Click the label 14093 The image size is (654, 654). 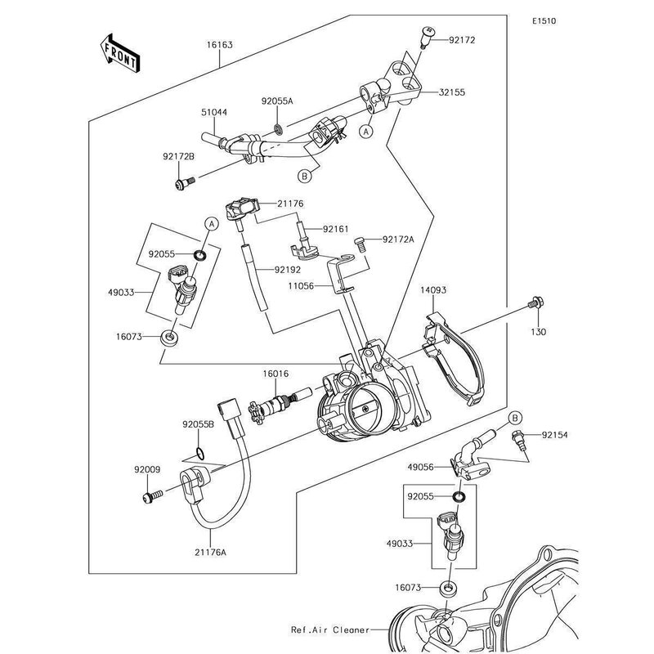pyautogui.click(x=432, y=289)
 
